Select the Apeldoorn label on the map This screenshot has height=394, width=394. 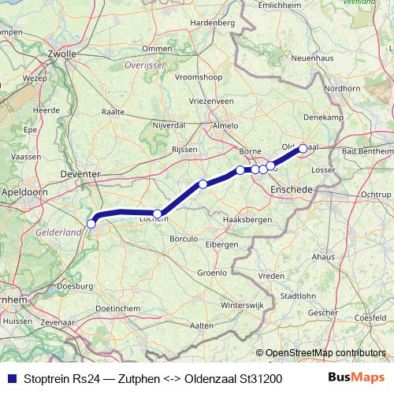pos(24,191)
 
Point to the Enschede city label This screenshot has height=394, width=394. pos(292,190)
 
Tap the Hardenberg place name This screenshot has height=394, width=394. pos(213,24)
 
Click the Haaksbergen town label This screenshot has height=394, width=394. pos(247,219)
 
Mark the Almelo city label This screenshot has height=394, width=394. pos(226,126)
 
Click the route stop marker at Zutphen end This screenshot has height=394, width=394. pos(91,224)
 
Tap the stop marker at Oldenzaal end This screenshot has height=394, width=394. pos(303,148)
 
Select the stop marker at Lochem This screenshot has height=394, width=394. pos(158,214)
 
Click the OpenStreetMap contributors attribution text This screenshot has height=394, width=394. pos(325,353)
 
